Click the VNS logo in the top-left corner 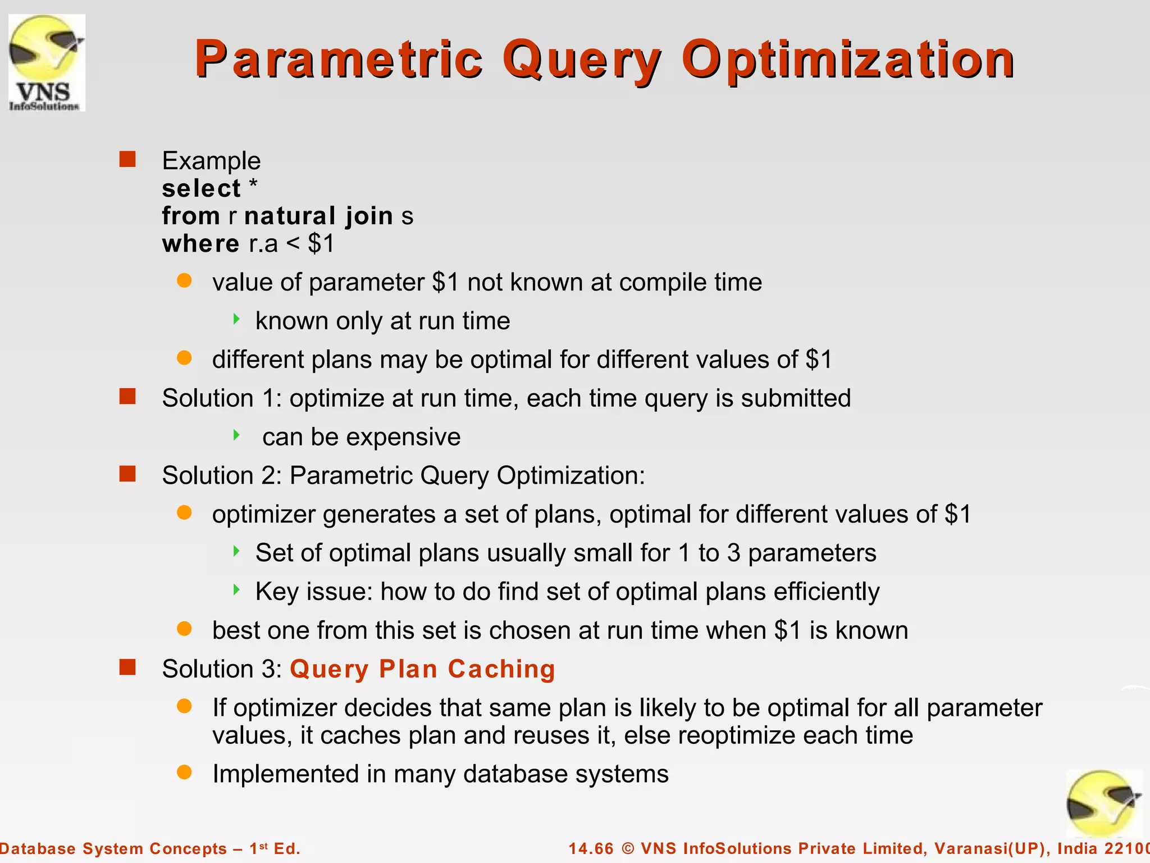pyautogui.click(x=47, y=62)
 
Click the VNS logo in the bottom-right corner pyautogui.click(x=1103, y=804)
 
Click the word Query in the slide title pyautogui.click(x=582, y=60)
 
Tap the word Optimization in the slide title pyautogui.click(x=847, y=60)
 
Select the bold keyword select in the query pyautogui.click(x=201, y=188)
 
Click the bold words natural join pyautogui.click(x=318, y=216)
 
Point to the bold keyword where pyautogui.click(x=200, y=244)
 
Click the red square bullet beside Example pyautogui.click(x=127, y=160)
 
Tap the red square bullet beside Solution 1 pyautogui.click(x=127, y=397)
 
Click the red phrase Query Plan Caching pyautogui.click(x=422, y=669)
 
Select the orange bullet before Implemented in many pyautogui.click(x=184, y=772)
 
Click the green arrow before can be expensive pyautogui.click(x=236, y=435)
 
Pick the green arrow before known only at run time pyautogui.click(x=236, y=319)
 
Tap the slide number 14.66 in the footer pyautogui.click(x=591, y=848)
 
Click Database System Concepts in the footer pyautogui.click(x=112, y=848)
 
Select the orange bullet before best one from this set pyautogui.click(x=184, y=628)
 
